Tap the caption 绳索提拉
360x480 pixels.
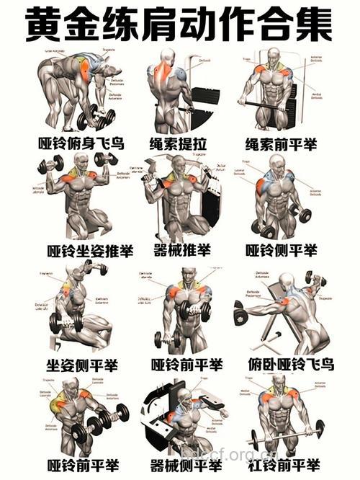pyautogui.click(x=180, y=144)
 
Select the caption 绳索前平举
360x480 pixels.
pyautogui.click(x=282, y=144)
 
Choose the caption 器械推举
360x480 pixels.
pyautogui.click(x=181, y=251)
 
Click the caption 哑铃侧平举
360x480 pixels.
pyautogui.click(x=282, y=251)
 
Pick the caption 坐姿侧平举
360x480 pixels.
pyautogui.click(x=81, y=364)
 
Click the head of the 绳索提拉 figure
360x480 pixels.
pyautogui.click(x=167, y=57)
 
